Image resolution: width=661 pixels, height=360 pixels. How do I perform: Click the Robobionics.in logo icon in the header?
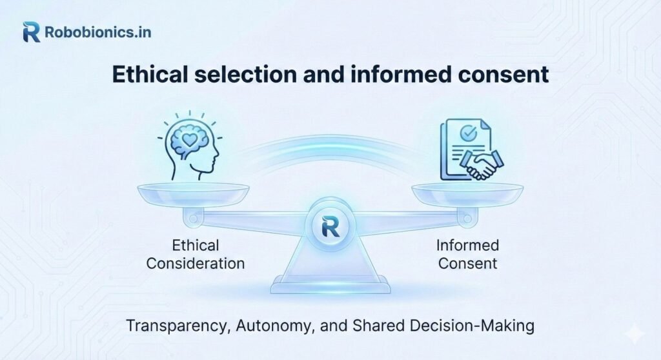click(x=31, y=32)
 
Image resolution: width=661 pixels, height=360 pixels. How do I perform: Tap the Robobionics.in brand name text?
click(x=98, y=32)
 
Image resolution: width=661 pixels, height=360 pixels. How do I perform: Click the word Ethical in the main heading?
click(x=150, y=75)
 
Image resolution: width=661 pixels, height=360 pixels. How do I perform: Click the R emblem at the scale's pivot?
click(x=330, y=226)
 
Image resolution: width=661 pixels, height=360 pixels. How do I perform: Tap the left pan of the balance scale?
click(x=194, y=192)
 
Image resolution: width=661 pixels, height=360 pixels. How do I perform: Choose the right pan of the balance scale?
click(x=467, y=192)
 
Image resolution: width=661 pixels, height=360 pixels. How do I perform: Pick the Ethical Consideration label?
click(x=196, y=254)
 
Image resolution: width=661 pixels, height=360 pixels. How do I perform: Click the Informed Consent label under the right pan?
click(x=467, y=254)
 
